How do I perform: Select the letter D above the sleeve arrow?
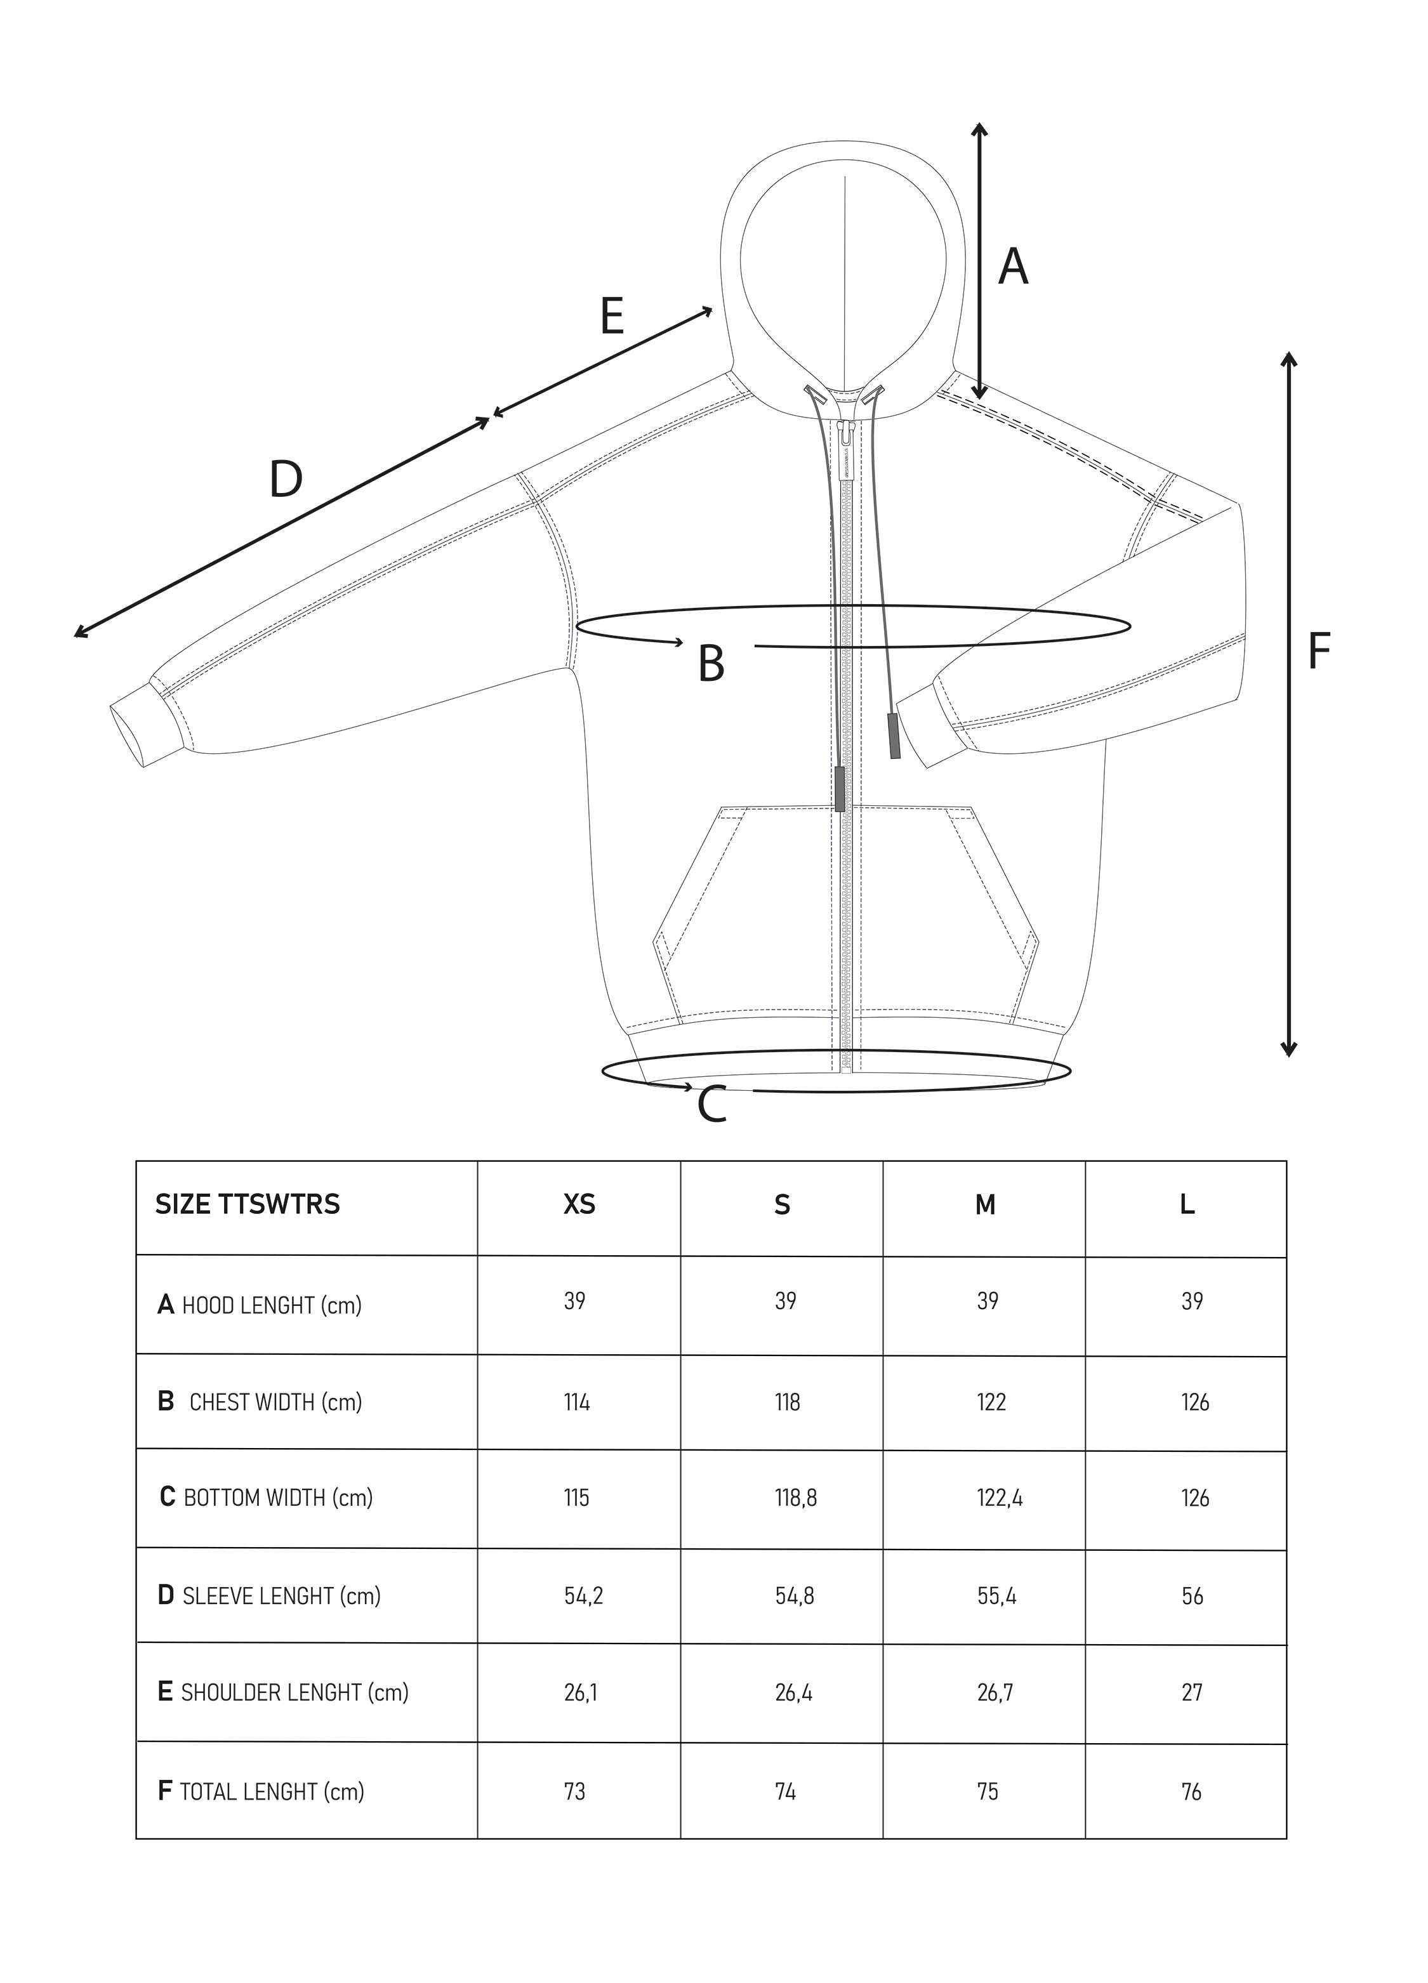click(286, 479)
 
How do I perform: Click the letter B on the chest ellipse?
click(711, 664)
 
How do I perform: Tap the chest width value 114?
click(576, 1402)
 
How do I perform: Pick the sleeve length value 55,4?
click(997, 1596)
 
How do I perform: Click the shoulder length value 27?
click(1192, 1692)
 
